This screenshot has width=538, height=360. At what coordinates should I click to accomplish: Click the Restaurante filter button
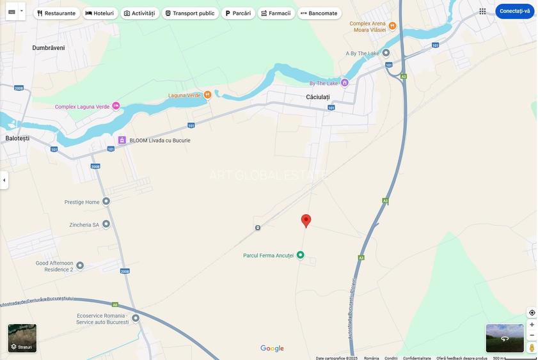point(56,13)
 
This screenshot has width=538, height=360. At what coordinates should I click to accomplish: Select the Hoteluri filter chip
point(99,13)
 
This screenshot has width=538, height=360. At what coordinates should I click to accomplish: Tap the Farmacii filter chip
point(276,13)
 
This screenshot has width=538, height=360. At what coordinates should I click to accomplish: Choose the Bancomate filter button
point(319,13)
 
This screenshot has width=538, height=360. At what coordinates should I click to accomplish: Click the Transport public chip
point(190,13)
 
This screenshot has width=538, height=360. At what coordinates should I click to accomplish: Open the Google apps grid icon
point(482,11)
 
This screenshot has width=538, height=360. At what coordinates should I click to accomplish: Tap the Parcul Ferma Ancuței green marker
point(300,255)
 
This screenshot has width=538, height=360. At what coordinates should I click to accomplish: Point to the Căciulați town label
point(318,97)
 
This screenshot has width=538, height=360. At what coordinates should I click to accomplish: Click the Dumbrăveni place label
point(49,48)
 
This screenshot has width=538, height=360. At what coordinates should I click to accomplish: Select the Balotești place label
point(17,138)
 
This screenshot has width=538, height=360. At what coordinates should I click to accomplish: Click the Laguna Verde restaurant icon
point(207,95)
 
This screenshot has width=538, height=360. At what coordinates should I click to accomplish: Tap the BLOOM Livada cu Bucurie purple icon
point(122,140)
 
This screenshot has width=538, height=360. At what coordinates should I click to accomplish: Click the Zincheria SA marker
point(106,224)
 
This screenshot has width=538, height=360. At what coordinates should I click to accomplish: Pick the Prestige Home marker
point(106,201)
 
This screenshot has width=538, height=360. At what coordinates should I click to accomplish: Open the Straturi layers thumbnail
point(22,338)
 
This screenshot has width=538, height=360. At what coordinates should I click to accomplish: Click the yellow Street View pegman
point(532,347)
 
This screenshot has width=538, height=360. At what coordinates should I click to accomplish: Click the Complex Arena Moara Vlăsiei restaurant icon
point(392,26)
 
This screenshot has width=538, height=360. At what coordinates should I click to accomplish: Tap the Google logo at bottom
point(272,348)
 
